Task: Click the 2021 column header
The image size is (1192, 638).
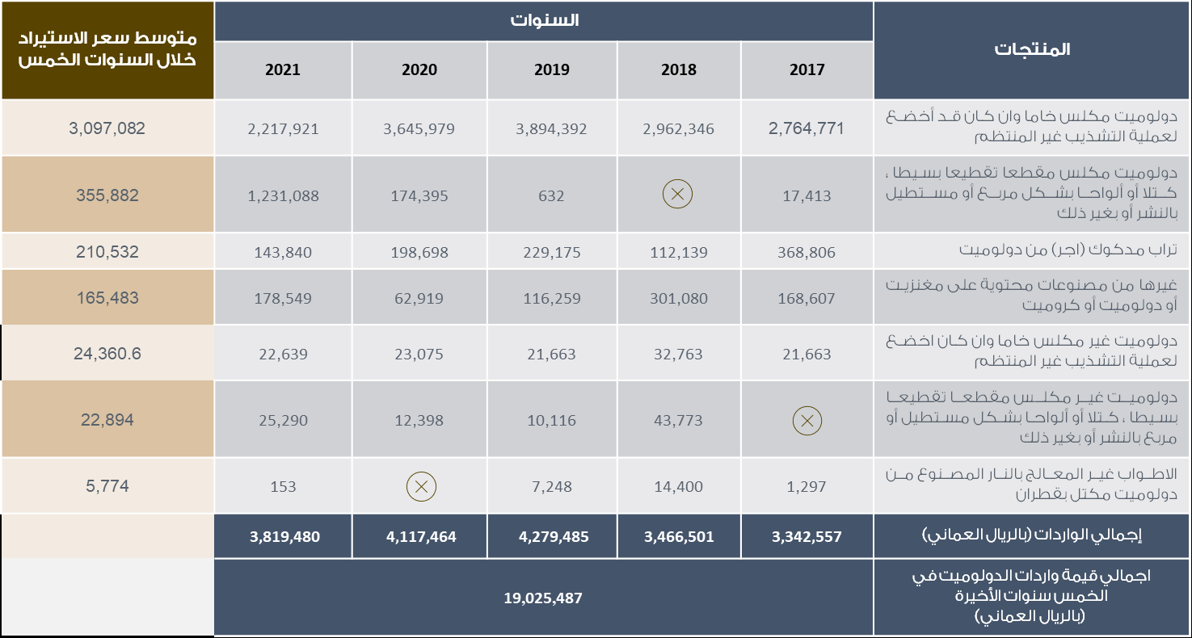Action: coord(283,69)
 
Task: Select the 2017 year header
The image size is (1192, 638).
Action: coord(807,69)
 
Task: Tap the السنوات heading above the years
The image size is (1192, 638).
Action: coord(544,20)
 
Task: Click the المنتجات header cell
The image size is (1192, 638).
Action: coord(1032,49)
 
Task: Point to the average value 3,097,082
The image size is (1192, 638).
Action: coord(107,128)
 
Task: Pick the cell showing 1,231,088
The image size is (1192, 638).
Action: coord(283,195)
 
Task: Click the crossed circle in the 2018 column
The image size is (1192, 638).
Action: coord(677,194)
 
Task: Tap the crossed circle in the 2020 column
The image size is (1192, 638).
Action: coord(420,486)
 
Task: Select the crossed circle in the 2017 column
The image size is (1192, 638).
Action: coord(807,420)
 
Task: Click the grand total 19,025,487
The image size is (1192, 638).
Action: coord(543,598)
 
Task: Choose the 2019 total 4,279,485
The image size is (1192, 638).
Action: coord(552,536)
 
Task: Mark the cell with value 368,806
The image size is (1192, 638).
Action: coord(807,252)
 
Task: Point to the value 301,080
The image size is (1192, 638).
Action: coord(679,298)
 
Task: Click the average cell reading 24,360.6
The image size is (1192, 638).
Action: coord(107,354)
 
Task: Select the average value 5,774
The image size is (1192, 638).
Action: coord(107,486)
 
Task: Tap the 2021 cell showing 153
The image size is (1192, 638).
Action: coord(283,486)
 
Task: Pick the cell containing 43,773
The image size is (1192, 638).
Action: coord(679,420)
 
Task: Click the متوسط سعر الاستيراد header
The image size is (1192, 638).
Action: coord(107,48)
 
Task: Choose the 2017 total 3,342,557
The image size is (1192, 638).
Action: coord(807,536)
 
